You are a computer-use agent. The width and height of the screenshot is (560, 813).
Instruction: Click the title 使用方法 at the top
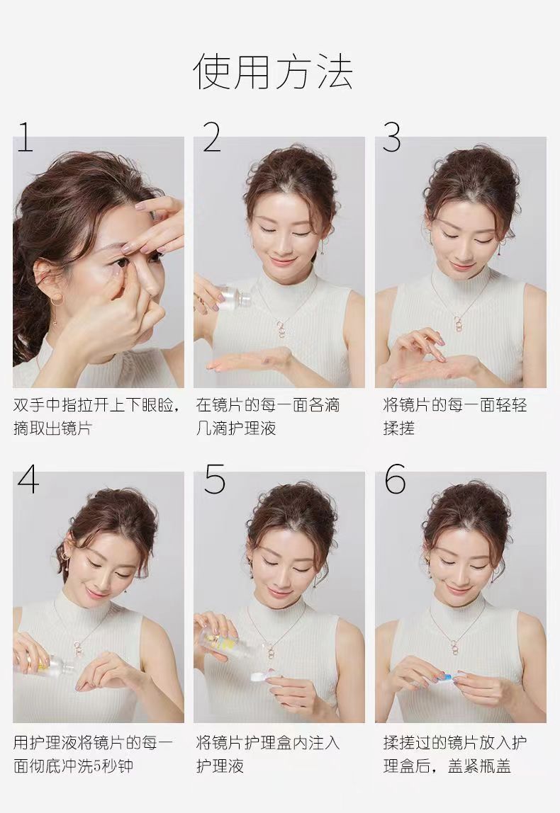(x=274, y=71)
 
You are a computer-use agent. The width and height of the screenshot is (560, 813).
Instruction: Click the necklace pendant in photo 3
(x=459, y=324)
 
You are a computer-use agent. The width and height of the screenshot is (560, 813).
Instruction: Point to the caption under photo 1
(x=97, y=416)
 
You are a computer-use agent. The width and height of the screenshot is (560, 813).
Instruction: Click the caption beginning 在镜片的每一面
(x=268, y=416)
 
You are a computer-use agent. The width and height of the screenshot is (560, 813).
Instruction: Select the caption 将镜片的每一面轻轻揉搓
(x=454, y=416)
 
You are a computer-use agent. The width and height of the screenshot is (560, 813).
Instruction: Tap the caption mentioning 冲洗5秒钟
(x=94, y=754)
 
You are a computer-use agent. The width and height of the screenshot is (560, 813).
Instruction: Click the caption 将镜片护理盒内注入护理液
(x=268, y=754)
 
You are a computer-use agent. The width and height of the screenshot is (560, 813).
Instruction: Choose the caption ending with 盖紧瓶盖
(x=454, y=754)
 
